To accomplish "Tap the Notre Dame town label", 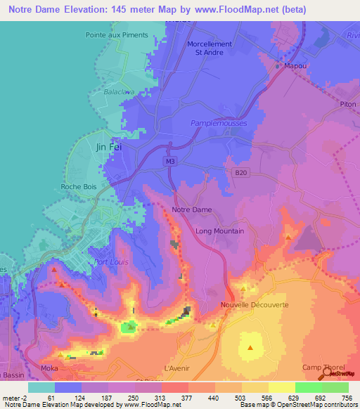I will point(191,210).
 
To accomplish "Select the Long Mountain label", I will point(219,231).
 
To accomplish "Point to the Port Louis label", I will point(110,263).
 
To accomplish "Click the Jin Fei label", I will point(107,147).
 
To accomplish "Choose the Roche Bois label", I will point(79,187).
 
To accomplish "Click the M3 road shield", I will point(170,161).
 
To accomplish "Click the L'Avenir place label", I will point(176,368).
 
